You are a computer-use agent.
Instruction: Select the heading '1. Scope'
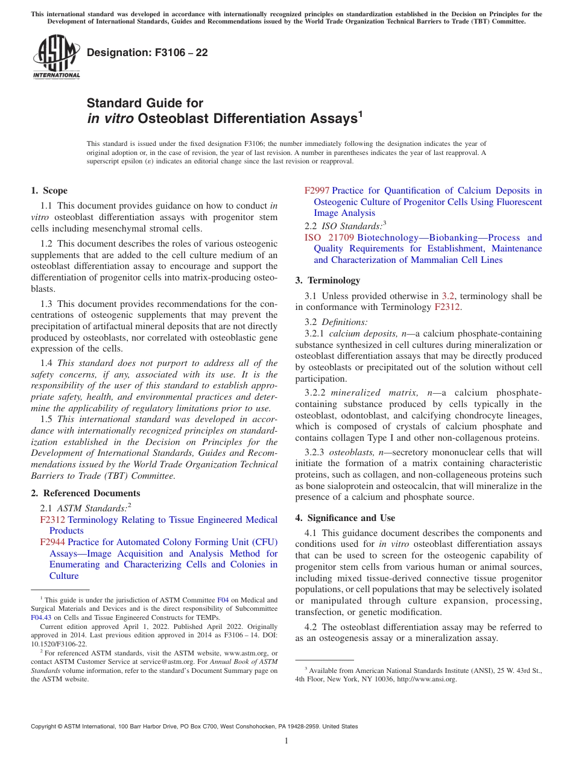49,191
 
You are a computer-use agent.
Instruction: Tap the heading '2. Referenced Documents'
77,493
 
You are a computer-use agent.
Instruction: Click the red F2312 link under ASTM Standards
52,520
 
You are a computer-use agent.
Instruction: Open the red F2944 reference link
52,542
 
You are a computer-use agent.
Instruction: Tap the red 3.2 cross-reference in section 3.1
448,296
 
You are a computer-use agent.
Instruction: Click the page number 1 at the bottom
286,741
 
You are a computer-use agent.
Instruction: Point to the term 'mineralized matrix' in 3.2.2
370,393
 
